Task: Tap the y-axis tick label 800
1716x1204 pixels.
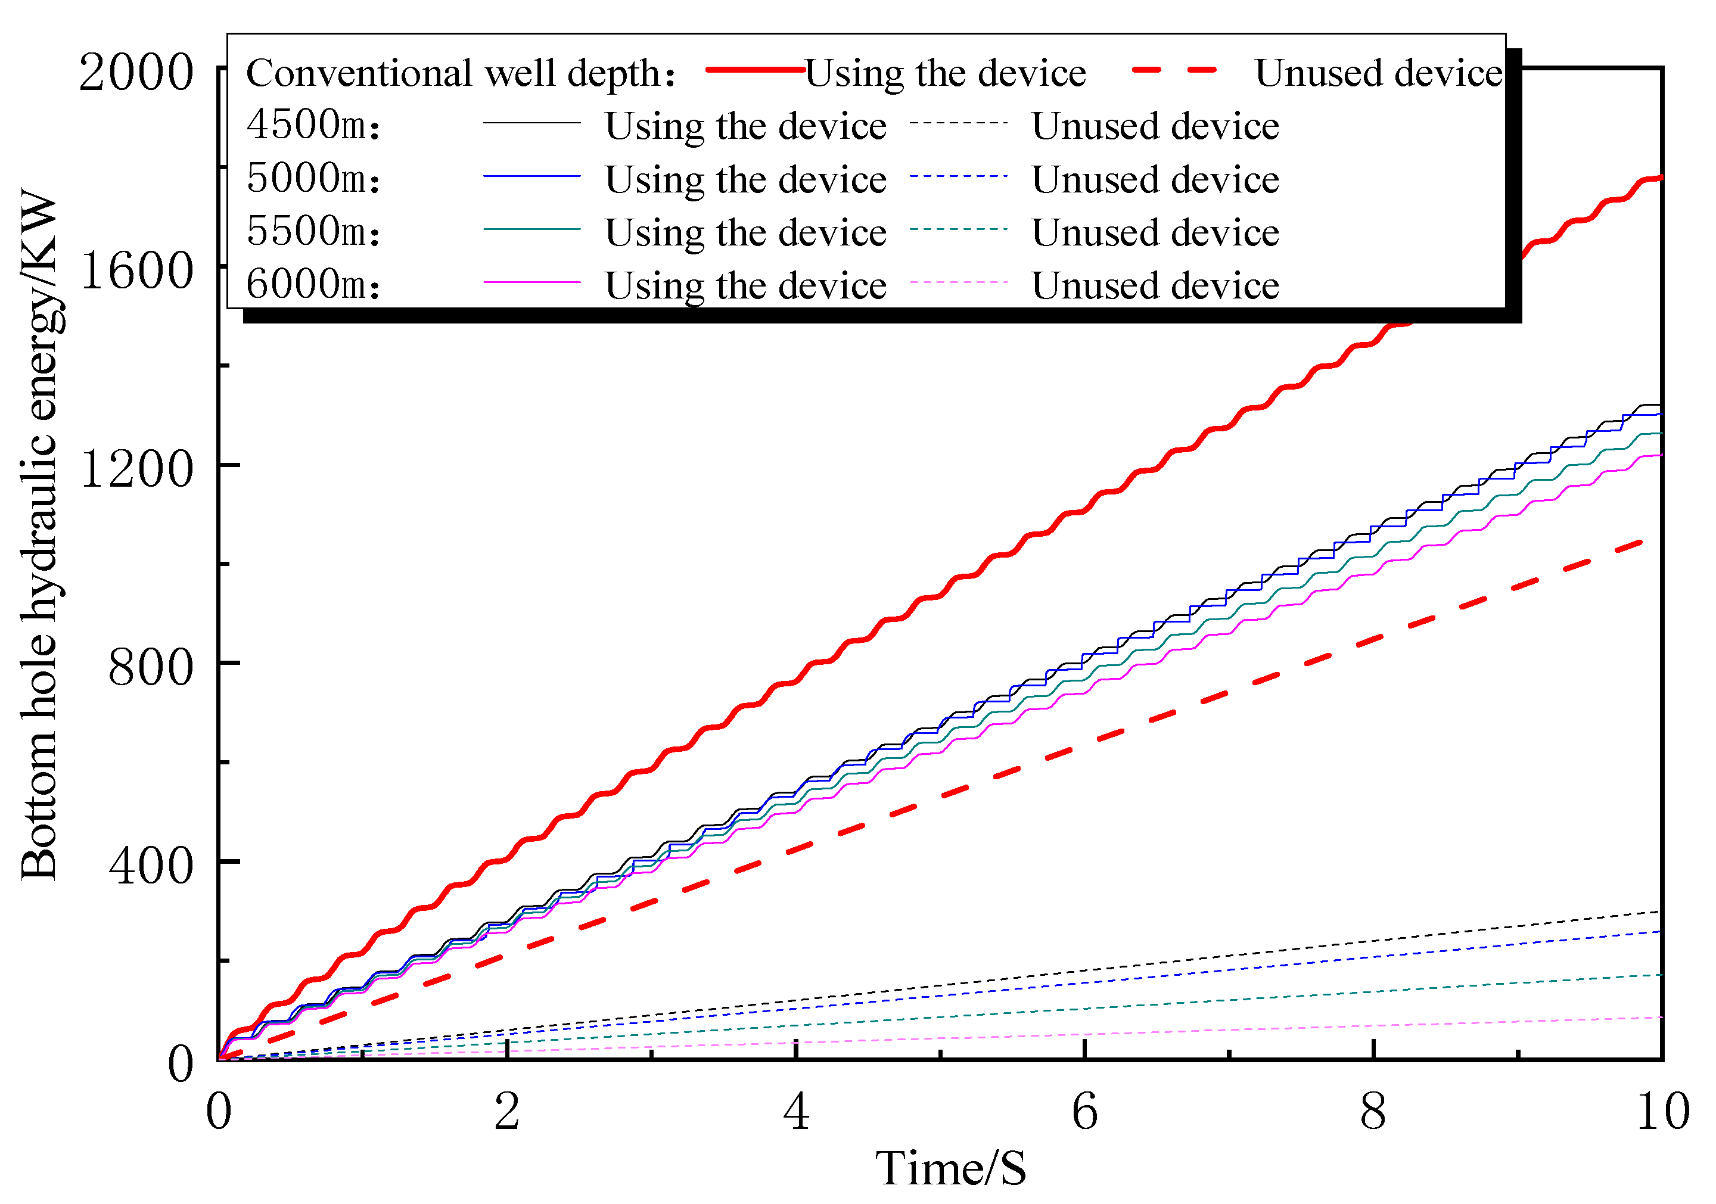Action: pos(150,667)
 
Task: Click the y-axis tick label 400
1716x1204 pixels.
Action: pos(150,866)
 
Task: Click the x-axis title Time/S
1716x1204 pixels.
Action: pos(951,1168)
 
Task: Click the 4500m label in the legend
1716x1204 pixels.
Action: pos(313,125)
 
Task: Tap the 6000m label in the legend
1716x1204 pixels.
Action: pos(313,285)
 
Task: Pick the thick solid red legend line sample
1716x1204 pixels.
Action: pos(755,70)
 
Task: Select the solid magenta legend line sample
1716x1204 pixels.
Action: pos(531,282)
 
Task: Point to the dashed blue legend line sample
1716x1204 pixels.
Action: pos(958,176)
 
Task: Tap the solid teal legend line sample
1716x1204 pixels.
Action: pos(531,229)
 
